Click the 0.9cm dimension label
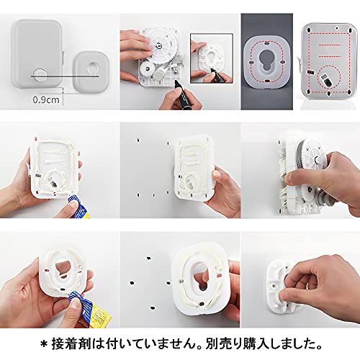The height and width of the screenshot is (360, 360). tap(46, 99)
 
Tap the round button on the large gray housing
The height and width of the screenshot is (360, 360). tap(40, 75)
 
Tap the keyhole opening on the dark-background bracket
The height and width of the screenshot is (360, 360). tap(266, 61)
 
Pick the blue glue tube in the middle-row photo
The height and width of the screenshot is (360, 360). tap(78, 207)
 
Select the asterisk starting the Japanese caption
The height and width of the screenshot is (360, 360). tap(44, 344)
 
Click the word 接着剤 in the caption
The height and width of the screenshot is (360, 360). tap(71, 343)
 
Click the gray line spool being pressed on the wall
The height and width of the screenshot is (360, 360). tap(301, 157)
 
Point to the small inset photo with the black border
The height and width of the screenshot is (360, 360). tap(212, 58)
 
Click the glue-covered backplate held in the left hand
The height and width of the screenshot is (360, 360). tap(53, 167)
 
